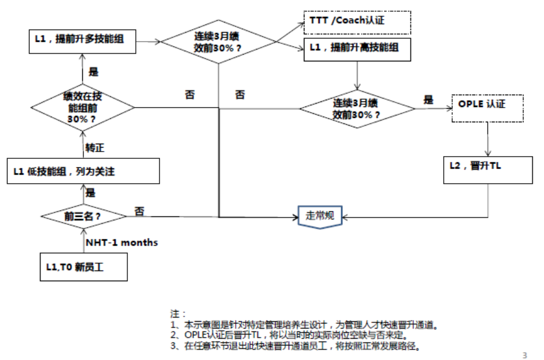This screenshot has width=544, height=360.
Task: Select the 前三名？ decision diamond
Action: [x=82, y=216]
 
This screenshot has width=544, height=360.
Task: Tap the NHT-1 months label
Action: [x=121, y=243]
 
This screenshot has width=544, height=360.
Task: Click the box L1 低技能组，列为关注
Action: [x=83, y=171]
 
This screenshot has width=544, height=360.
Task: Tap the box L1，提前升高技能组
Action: [x=356, y=48]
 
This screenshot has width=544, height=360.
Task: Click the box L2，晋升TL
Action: [x=488, y=168]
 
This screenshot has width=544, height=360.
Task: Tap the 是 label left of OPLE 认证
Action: [x=428, y=100]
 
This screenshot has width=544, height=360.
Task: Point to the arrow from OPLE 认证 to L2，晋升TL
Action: [x=488, y=138]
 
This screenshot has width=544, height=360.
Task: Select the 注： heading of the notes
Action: [x=178, y=313]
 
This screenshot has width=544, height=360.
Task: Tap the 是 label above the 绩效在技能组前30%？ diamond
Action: [x=94, y=72]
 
